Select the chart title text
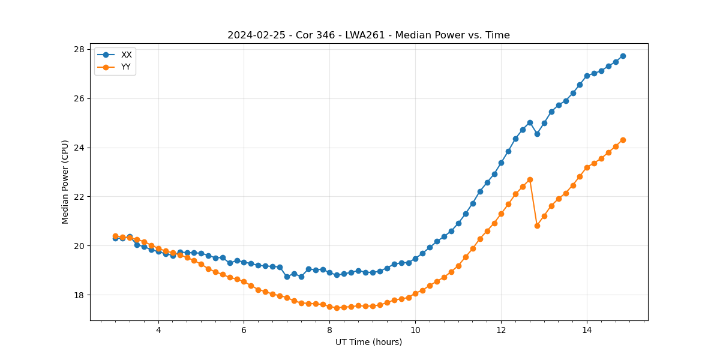(368, 35)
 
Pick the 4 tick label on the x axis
(158, 329)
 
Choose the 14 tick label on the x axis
(587, 329)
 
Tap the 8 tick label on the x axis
(329, 329)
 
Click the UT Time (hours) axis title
(368, 342)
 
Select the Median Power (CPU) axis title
(65, 182)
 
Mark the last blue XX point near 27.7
(623, 56)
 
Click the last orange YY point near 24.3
(623, 140)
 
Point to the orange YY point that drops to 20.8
(537, 226)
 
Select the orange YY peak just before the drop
(530, 179)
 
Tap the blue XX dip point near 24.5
(537, 134)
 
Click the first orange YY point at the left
(115, 236)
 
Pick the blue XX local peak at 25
(530, 122)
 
